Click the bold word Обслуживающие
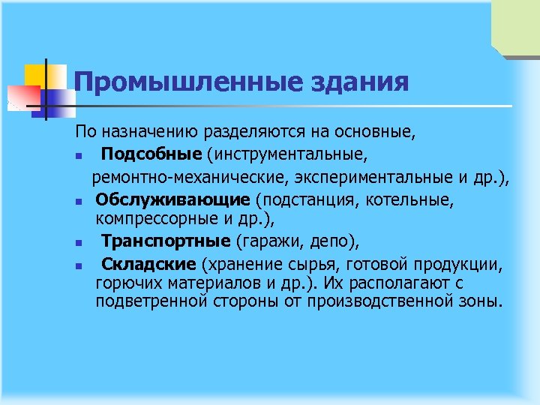172,199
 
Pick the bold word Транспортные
166,241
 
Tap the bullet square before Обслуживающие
78,201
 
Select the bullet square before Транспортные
78,243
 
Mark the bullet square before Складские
78,266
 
